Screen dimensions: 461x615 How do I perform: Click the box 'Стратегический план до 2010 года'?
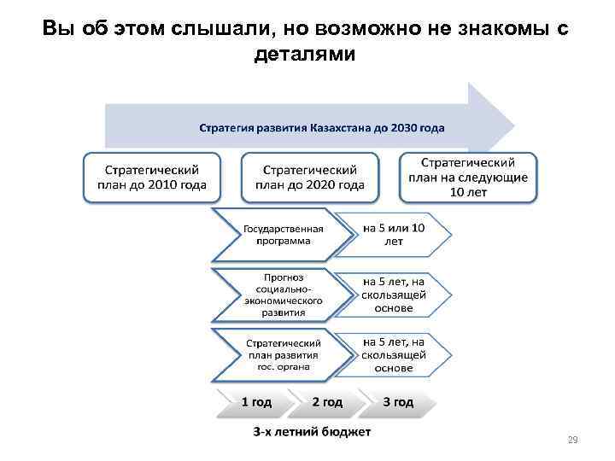[152, 177]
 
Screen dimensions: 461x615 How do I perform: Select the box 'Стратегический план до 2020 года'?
[309, 177]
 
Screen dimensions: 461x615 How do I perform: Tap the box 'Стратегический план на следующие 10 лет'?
[468, 177]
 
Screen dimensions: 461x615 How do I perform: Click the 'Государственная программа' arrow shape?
[283, 235]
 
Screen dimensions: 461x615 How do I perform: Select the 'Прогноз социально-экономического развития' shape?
[283, 294]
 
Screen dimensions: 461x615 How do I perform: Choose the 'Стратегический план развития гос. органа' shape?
[283, 350]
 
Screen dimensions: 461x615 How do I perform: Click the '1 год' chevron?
[257, 401]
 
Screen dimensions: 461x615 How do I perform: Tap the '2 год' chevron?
[326, 401]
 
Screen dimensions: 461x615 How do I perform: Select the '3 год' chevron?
[397, 401]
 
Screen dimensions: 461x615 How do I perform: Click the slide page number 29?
[572, 441]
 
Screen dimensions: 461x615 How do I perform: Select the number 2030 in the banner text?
[405, 129]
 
